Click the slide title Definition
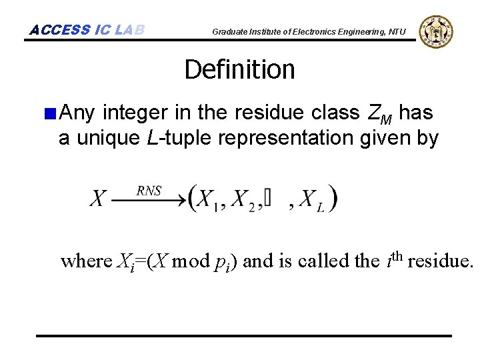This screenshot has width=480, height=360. point(239,69)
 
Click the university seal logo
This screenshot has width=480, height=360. point(437,31)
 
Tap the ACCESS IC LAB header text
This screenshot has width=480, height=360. point(87,30)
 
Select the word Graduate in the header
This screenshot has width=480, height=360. point(230,31)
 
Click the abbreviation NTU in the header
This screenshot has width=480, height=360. point(397,31)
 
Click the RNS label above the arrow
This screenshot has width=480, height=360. point(149,191)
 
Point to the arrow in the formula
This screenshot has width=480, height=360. point(148,200)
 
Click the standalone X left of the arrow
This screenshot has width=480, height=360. point(99,199)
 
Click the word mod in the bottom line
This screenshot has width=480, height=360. point(190,261)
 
